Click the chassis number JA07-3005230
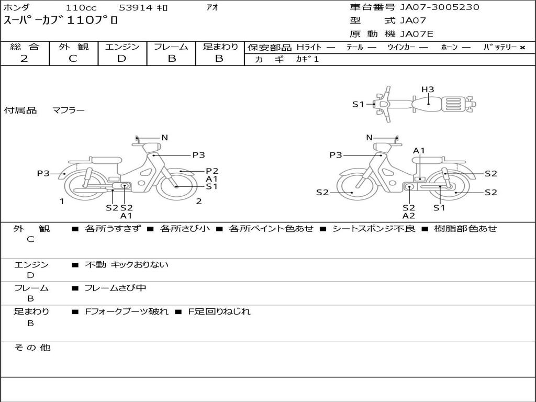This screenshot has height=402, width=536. [x=440, y=7]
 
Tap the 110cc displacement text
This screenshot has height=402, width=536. [x=81, y=7]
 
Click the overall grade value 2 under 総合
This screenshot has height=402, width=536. [x=24, y=59]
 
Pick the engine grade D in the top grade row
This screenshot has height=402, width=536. [x=121, y=59]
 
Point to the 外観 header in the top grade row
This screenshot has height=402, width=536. [x=73, y=47]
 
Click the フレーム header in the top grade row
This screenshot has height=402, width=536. [x=171, y=47]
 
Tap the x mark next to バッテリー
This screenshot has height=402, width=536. [x=522, y=48]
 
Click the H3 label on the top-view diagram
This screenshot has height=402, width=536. [x=428, y=90]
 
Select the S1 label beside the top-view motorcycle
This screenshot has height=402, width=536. [x=358, y=104]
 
